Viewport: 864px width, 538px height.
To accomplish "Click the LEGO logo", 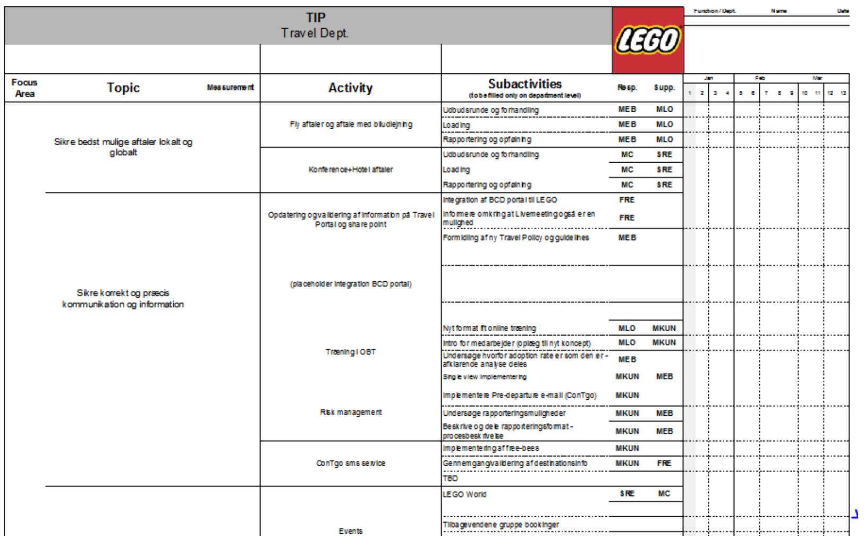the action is (648, 40).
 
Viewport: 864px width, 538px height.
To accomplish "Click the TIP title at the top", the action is (316, 18).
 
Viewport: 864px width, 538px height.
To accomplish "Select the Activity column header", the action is (350, 88).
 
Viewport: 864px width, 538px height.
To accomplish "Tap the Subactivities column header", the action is (524, 84).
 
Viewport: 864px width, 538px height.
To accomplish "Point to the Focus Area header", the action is (24, 88).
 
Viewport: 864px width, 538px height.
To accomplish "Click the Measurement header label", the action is (230, 87).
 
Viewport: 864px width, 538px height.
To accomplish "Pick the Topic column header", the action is (123, 88).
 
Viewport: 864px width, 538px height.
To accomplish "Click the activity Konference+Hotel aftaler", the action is (351, 170).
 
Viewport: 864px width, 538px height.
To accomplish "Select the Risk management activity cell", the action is (351, 412).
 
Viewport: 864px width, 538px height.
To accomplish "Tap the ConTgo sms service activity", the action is (351, 463).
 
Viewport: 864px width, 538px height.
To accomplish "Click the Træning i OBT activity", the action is (351, 352).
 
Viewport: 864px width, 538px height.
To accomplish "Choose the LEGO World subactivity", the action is (465, 494).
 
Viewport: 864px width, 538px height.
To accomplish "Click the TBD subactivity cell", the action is (451, 478).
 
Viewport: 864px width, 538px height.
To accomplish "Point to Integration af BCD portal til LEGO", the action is (500, 200).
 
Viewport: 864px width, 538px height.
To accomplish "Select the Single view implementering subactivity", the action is (485, 377).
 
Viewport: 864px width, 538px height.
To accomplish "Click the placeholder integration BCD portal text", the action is (351, 284).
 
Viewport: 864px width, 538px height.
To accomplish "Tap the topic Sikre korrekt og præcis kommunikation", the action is (123, 299).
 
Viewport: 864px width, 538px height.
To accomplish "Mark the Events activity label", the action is (351, 531).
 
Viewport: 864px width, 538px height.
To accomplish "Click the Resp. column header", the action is (627, 87).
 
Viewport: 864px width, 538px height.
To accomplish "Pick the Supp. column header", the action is (664, 87).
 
